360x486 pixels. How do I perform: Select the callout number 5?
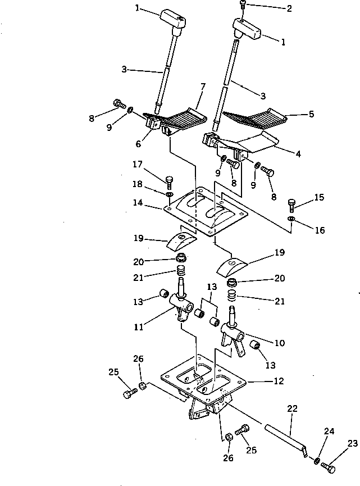pyautogui.click(x=311, y=113)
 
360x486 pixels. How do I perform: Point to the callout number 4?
pyautogui.click(x=298, y=153)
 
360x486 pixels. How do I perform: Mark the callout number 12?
pyautogui.click(x=279, y=381)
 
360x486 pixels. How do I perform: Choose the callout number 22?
pyautogui.click(x=292, y=408)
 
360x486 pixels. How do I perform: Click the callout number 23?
pyautogui.click(x=352, y=443)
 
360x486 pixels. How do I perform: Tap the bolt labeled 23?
pyautogui.click(x=330, y=467)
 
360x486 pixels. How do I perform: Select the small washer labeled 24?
pyautogui.click(x=317, y=461)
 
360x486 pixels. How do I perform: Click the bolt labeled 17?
pyautogui.click(x=170, y=181)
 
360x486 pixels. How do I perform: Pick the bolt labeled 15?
pyautogui.click(x=291, y=203)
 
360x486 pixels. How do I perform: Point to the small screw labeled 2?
pyautogui.click(x=242, y=6)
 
